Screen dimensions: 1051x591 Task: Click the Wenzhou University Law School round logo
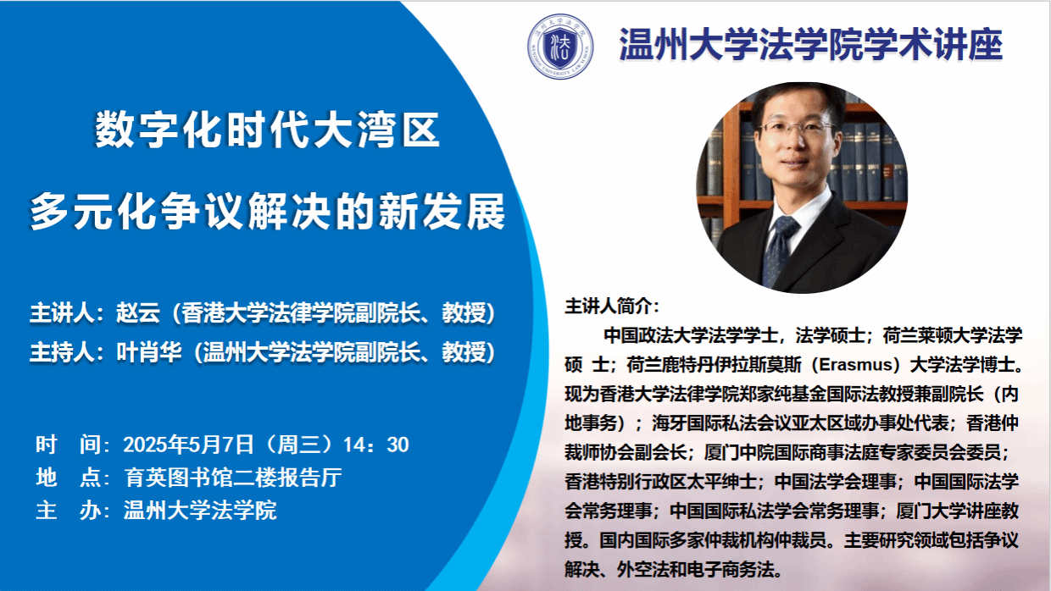click(x=559, y=46)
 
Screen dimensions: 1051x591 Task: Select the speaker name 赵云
click(x=138, y=312)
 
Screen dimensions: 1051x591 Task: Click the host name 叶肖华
click(x=148, y=352)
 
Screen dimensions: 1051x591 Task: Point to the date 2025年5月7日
click(x=188, y=445)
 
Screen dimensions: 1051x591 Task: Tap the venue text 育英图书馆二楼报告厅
click(x=233, y=478)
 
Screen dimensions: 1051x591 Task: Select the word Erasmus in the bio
click(x=856, y=365)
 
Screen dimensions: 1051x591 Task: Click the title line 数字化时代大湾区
click(x=268, y=130)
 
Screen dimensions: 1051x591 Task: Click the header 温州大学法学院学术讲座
click(x=810, y=45)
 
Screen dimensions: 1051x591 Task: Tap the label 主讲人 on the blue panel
click(x=62, y=312)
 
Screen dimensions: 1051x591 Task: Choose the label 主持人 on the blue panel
click(x=62, y=352)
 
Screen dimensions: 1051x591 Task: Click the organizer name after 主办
click(x=200, y=510)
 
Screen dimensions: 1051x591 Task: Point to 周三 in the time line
click(x=300, y=445)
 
